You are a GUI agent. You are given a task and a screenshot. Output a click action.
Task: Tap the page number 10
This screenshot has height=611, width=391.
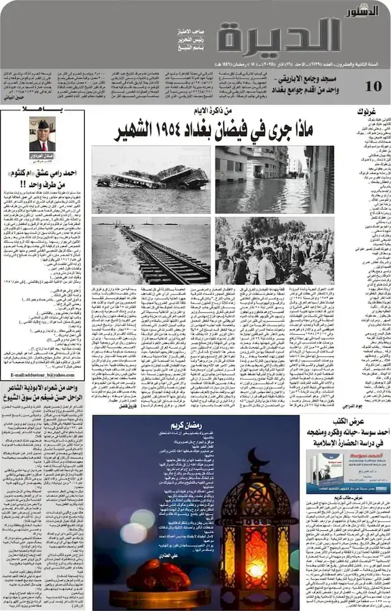[x=374, y=87]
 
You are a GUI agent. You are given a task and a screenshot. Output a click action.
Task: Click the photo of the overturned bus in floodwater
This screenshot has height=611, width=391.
[x=151, y=179]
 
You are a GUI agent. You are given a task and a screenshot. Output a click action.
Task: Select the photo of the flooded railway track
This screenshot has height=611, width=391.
[x=151, y=251]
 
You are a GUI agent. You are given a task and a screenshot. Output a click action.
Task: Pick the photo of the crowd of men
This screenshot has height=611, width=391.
[x=274, y=251]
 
